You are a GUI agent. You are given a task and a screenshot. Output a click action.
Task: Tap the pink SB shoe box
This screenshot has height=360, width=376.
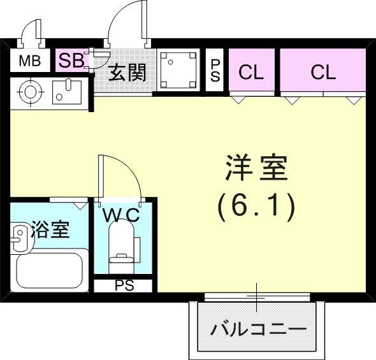coord(71,61)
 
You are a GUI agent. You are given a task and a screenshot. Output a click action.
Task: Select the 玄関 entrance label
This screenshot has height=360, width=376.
coord(127,73)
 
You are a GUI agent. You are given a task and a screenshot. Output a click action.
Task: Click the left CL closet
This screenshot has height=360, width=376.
coord(251,71)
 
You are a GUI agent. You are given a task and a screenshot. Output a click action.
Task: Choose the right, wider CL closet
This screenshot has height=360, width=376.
coord(323,71)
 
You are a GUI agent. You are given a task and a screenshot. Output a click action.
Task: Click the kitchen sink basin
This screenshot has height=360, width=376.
coord(66,90)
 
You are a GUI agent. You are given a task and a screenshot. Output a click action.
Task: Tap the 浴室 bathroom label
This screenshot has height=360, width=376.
coord(50,229)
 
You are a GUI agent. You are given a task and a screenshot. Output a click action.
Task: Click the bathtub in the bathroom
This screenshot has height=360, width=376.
coord(51,270)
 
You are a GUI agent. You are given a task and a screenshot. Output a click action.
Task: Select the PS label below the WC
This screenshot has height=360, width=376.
coord(124,285)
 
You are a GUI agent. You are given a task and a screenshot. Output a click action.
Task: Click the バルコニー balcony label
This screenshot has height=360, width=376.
coord(258,331)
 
